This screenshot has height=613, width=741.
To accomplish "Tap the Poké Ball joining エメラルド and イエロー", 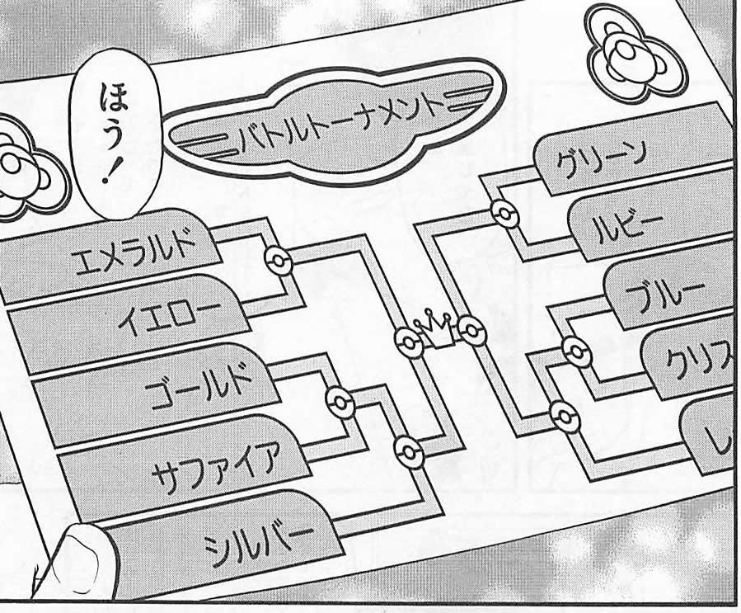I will tap(279, 262).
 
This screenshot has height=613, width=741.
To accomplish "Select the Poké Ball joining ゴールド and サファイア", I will tap(339, 402).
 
